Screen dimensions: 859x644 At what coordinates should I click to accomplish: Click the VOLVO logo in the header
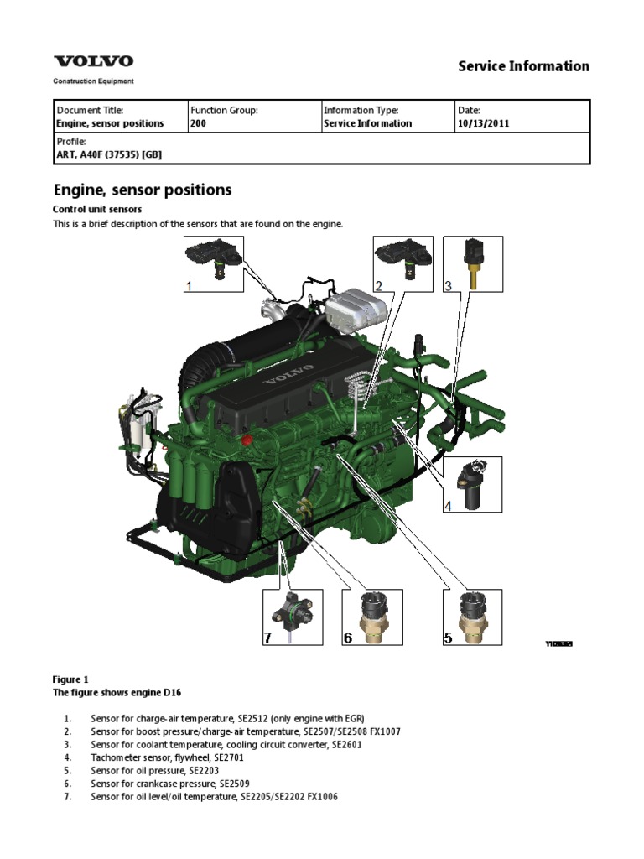tap(93, 61)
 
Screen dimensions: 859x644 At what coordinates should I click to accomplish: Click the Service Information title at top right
tap(523, 66)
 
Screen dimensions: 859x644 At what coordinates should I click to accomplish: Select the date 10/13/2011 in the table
tap(483, 123)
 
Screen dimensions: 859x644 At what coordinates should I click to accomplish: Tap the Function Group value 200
tap(198, 123)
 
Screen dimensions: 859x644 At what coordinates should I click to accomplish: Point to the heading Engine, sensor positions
tap(143, 190)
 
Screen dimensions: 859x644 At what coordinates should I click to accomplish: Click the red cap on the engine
tap(247, 440)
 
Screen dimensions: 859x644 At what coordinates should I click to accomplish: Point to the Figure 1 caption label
tap(70, 679)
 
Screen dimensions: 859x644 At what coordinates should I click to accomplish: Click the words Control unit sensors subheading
tap(97, 209)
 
